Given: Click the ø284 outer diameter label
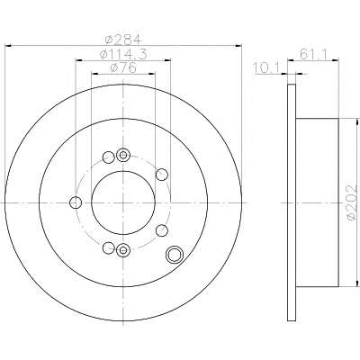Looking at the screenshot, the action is (x=123, y=40).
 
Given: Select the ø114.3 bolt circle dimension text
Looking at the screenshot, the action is (x=123, y=54).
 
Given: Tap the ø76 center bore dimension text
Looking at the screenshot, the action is (x=123, y=67).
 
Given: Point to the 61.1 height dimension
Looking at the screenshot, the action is (x=313, y=54).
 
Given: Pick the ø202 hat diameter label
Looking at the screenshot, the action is (x=352, y=202).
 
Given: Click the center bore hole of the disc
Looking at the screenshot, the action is (x=123, y=203).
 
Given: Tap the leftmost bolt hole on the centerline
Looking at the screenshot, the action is (x=76, y=202).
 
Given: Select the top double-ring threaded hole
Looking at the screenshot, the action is (x=123, y=155).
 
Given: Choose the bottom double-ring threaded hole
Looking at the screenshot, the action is (x=123, y=249).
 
